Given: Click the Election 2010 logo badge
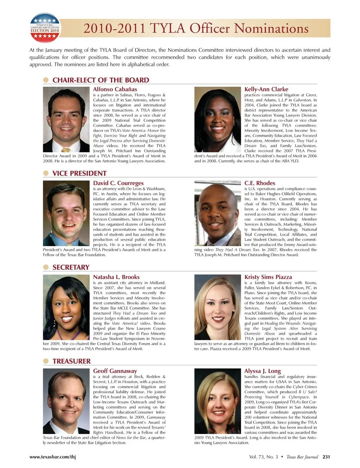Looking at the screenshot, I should pos(45,28).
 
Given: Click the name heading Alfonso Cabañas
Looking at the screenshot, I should pos(115,89).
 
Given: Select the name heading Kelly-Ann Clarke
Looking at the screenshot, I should pos(266,89).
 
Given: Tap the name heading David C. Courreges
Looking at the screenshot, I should pos(118,183).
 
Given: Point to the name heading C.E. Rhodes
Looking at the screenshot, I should pos(259,183).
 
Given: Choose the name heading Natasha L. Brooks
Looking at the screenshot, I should pos(116,277).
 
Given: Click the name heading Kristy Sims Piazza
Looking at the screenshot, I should pos(268,277).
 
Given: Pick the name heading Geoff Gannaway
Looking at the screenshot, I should pos(115,371).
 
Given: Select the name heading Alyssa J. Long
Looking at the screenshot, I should pos(262,371).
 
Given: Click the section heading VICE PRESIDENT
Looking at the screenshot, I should pos(79,173).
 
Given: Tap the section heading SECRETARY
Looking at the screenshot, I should pos(71,267).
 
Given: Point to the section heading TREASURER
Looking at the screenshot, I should pos(72,361).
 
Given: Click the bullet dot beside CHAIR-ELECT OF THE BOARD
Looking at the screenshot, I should pos(46,80).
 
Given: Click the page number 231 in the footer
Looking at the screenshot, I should pos(326,457).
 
